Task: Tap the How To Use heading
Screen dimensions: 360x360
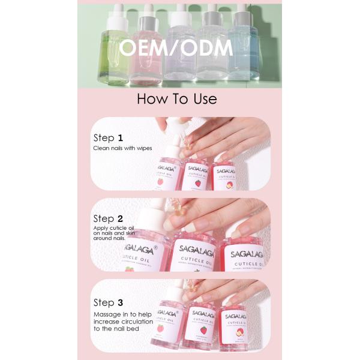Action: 177,99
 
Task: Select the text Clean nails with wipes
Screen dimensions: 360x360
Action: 122,148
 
